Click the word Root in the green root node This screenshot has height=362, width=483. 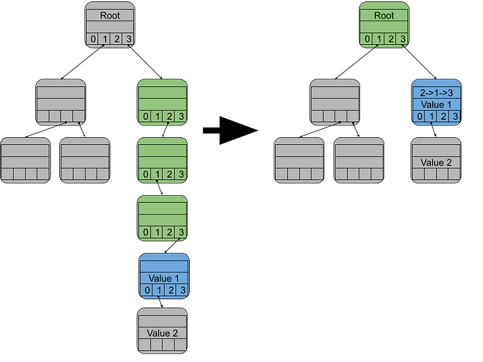tap(384, 15)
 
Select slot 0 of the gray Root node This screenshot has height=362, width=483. tap(93, 39)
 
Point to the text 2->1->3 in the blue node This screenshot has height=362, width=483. tap(436, 91)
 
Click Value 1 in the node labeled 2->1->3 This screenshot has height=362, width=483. tap(436, 103)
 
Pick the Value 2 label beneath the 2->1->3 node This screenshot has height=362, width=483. tap(436, 163)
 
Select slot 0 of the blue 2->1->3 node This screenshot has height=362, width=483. tap(418, 116)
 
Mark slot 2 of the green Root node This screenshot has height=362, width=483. tap(390, 39)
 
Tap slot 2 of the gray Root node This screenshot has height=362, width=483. tap(117, 39)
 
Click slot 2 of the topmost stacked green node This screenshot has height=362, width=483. tap(169, 116)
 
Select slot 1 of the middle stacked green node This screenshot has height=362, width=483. tap(157, 174)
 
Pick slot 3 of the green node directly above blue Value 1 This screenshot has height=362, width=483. tap(181, 232)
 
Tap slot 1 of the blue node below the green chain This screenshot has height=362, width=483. tap(158, 290)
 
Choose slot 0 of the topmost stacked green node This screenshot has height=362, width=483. tap(145, 116)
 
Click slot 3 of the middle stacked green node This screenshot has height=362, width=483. tap(181, 174)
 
